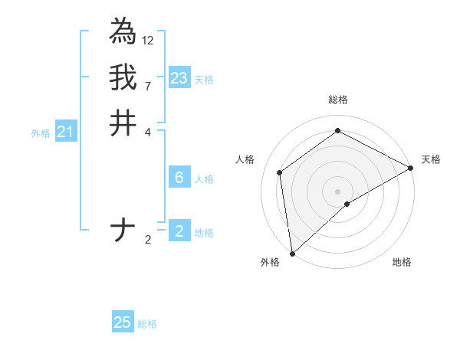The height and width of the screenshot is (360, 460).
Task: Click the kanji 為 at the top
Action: [x=123, y=31]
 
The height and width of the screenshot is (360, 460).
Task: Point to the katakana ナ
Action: [x=123, y=231]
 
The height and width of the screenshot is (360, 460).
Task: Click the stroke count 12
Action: [x=148, y=40]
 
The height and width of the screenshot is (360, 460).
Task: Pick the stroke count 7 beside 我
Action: [x=148, y=86]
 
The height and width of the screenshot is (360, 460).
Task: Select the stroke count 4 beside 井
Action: [x=148, y=132]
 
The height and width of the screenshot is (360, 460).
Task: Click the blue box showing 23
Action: [x=179, y=77]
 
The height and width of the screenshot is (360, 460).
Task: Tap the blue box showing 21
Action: [x=66, y=132]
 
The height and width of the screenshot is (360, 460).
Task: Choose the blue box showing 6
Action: [x=179, y=178]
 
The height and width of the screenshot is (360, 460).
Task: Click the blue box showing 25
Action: [x=123, y=322]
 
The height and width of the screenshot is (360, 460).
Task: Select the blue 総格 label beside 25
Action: [x=147, y=324]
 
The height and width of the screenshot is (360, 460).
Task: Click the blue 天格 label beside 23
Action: [x=204, y=80]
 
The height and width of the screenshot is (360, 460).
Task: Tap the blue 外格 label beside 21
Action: [x=41, y=133]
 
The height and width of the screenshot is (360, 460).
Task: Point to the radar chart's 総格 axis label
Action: [x=337, y=100]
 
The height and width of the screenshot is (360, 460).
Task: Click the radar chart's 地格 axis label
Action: [x=402, y=263]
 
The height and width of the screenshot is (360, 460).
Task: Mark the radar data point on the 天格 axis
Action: [x=410, y=168]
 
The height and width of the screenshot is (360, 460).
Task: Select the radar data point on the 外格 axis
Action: [x=292, y=253]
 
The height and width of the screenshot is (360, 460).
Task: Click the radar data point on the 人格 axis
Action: [x=280, y=172]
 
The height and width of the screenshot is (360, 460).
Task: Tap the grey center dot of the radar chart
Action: [x=337, y=191]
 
